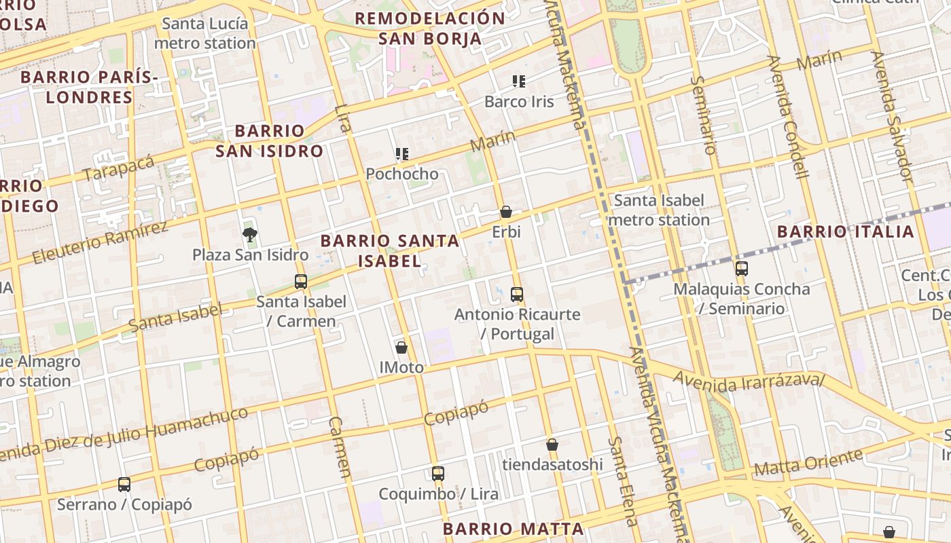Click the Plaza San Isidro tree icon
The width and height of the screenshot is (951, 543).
tap(250, 235)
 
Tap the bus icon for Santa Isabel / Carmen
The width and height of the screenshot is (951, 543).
tap(301, 281)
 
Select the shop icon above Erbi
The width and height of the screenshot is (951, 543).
tap(505, 212)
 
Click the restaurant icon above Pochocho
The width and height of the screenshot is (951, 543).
tap(402, 154)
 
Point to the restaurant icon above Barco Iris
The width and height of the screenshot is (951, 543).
tap(519, 81)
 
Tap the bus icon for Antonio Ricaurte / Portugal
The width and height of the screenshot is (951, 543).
tap(517, 294)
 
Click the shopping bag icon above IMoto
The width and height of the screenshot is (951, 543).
tap(401, 348)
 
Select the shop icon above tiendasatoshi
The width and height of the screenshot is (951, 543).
tap(552, 445)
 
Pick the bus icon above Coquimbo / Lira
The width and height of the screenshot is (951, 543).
tap(438, 474)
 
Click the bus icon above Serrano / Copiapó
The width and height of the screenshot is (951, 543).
tap(124, 485)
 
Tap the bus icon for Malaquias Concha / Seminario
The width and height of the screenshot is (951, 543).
tap(741, 269)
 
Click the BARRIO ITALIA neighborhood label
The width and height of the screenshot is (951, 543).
tap(846, 232)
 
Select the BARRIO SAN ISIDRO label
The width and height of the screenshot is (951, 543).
tap(270, 141)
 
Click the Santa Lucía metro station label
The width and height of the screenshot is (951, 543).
tap(204, 33)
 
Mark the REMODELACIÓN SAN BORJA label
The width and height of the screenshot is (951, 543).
tap(430, 29)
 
